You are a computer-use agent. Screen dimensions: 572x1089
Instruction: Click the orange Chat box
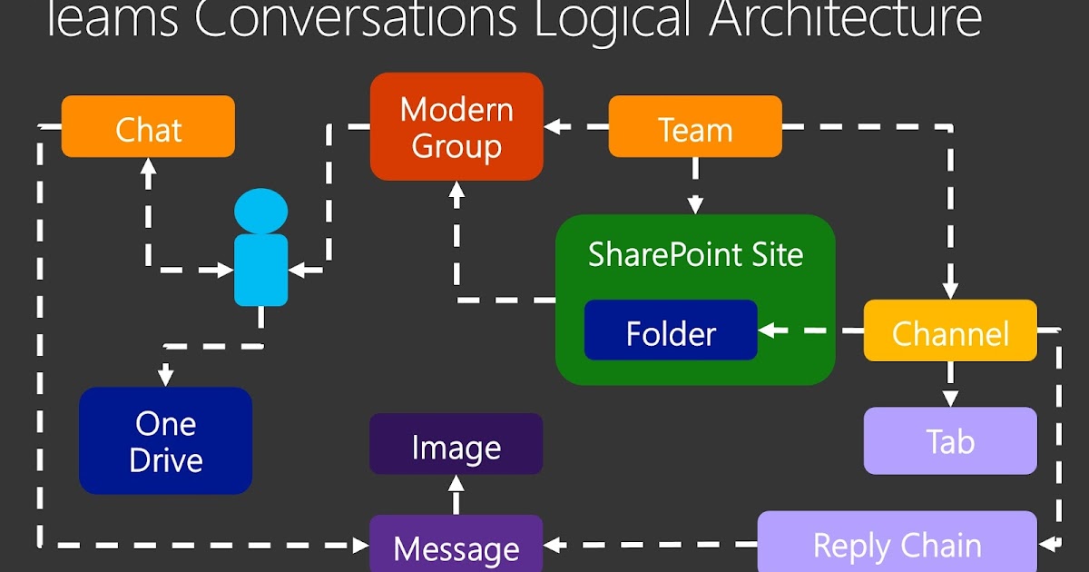coord(148,126)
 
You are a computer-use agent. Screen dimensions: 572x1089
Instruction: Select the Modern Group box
coord(456,126)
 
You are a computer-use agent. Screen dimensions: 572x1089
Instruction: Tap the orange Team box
coord(694,126)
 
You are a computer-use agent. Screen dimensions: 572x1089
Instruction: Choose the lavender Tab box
coord(949,440)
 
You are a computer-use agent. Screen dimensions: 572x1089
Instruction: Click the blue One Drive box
coord(165,440)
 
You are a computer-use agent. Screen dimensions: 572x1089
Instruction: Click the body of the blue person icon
coord(261,270)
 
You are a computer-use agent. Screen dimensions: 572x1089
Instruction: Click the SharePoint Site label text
coord(695,253)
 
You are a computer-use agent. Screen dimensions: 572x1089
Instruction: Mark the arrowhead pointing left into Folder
coord(768,330)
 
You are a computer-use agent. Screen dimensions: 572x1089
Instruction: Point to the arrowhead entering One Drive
coord(165,377)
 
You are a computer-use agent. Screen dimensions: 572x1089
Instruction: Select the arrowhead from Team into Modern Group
coord(554,126)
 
